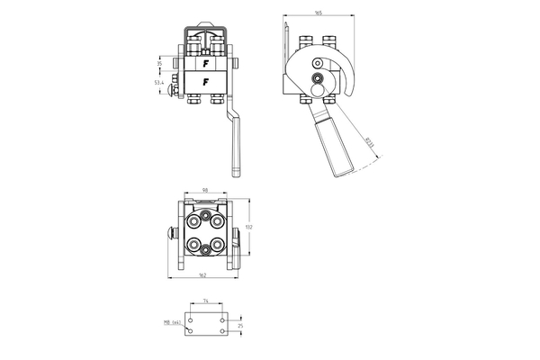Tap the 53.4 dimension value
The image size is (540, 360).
[x=158, y=83]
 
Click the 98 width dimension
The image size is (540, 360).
[x=206, y=191]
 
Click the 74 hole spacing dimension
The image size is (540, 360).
[x=206, y=301]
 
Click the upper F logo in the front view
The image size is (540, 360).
[x=206, y=64]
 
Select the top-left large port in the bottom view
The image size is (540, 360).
[x=193, y=219]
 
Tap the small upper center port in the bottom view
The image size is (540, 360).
[x=206, y=217]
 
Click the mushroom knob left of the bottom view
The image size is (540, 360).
[x=170, y=233]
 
